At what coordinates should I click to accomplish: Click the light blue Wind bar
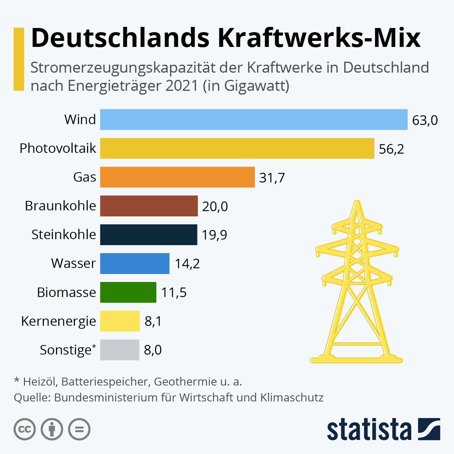pos(253,120)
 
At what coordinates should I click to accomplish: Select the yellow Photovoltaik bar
pos(237,148)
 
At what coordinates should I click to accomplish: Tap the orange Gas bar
pos(177,177)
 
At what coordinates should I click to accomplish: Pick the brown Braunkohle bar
pos(149,206)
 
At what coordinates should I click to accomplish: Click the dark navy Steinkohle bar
pos(148,235)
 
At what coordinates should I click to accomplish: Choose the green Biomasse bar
pos(128,292)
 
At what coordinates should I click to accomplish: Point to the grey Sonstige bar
pos(120,350)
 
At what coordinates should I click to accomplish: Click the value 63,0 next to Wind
pos(425,120)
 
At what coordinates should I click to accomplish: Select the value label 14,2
pos(187,264)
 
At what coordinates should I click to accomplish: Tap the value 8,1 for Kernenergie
pos(153,321)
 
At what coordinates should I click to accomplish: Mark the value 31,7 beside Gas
pos(272,177)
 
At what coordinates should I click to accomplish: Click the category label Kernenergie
pos(59,321)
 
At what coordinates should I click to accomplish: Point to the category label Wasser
pos(73,263)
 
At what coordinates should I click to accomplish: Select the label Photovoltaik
pos(58,148)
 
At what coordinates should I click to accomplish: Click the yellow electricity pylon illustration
pos(356,288)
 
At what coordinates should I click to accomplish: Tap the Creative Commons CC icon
pos(25,429)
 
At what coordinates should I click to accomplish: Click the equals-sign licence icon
pos(79,429)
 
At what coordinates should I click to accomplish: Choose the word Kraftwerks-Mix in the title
pos(319,38)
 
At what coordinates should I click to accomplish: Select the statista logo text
pos(369,429)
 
